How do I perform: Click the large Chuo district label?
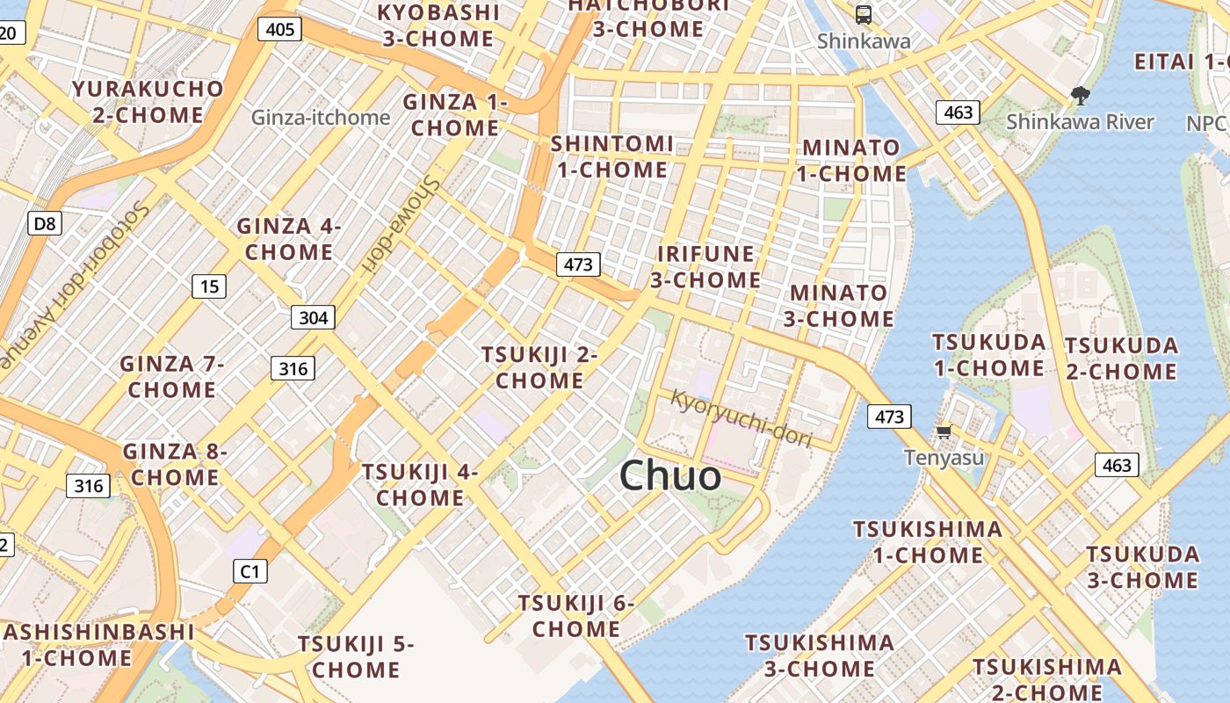pyautogui.click(x=670, y=476)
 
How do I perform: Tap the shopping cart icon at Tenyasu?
pyautogui.click(x=944, y=431)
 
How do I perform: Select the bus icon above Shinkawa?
pyautogui.click(x=864, y=14)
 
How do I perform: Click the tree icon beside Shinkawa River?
pyautogui.click(x=1080, y=96)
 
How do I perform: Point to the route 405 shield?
pyautogui.click(x=279, y=30)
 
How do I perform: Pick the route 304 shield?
pyautogui.click(x=313, y=317)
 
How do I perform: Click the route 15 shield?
pyautogui.click(x=209, y=286)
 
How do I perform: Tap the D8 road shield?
pyautogui.click(x=44, y=224)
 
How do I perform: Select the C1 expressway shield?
pyautogui.click(x=250, y=572)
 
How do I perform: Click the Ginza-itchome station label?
pyautogui.click(x=321, y=118)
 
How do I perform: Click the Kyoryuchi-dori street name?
pyautogui.click(x=741, y=417)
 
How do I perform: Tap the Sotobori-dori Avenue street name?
pyautogui.click(x=75, y=281)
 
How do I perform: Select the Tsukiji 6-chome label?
pyautogui.click(x=575, y=616)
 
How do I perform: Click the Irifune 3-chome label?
pyautogui.click(x=705, y=267)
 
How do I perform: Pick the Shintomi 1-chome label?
pyautogui.click(x=612, y=156)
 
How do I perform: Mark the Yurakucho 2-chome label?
pyautogui.click(x=148, y=102)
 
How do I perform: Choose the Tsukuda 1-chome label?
pyautogui.click(x=988, y=355)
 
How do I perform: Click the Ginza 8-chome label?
pyautogui.click(x=174, y=465)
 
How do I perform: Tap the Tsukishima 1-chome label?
pyautogui.click(x=928, y=542)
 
